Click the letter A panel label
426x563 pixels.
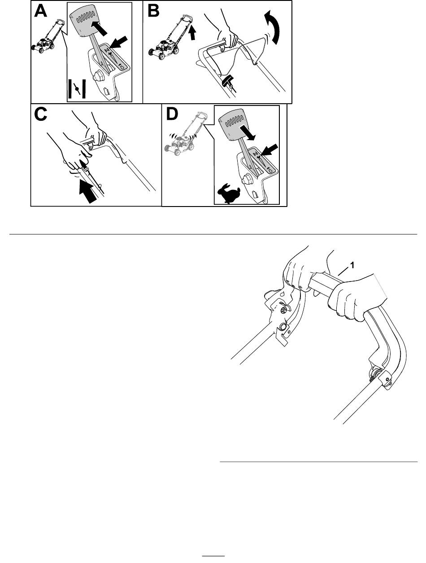[x=40, y=12]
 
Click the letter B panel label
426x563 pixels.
[x=153, y=12]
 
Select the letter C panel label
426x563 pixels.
[x=40, y=114]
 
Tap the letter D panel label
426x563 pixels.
[x=172, y=114]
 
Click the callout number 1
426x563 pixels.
[x=352, y=265]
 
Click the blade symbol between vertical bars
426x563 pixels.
[x=77, y=88]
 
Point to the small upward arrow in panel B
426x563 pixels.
[x=192, y=33]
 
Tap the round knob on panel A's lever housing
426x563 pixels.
[x=98, y=76]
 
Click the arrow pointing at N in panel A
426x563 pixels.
[x=119, y=42]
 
